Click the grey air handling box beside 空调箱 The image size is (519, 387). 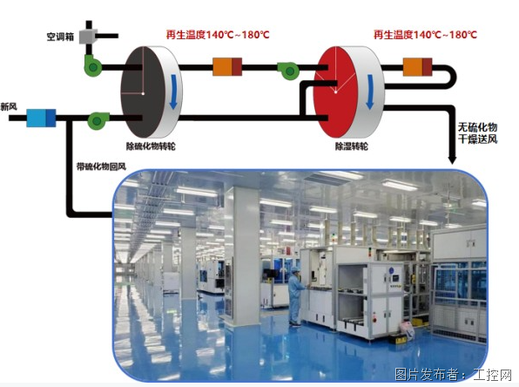pyautogui.click(x=88, y=37)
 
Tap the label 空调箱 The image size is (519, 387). pyautogui.click(x=60, y=37)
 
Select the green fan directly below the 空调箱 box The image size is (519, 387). pyautogui.click(x=92, y=66)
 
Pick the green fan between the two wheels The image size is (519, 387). pyautogui.click(x=288, y=71)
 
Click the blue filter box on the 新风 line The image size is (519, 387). pyautogui.click(x=41, y=118)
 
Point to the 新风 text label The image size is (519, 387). pyautogui.click(x=9, y=106)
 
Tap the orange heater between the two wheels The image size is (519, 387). pyautogui.click(x=227, y=66)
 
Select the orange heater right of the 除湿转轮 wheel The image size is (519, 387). pyautogui.click(x=417, y=66)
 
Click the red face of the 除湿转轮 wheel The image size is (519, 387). pyautogui.click(x=334, y=92)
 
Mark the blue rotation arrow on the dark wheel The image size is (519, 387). pyautogui.click(x=173, y=92)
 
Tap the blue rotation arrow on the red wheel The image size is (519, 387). pyautogui.click(x=370, y=92)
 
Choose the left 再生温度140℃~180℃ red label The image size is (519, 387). pyautogui.click(x=218, y=35)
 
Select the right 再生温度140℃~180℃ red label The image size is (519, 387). pyautogui.click(x=425, y=35)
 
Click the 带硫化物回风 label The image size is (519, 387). pyautogui.click(x=101, y=166)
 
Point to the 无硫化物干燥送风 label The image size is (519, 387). pyautogui.click(x=477, y=132)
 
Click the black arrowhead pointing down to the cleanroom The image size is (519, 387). pyautogui.click(x=452, y=159)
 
